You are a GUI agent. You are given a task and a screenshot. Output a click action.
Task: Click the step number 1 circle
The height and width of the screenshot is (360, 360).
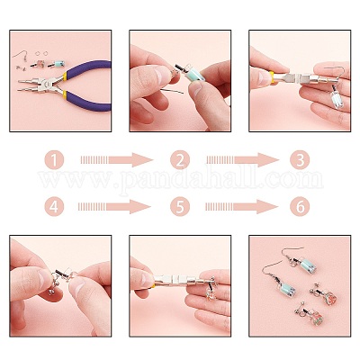coord(54,159)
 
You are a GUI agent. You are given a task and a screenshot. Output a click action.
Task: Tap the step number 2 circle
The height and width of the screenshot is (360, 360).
coord(180,159)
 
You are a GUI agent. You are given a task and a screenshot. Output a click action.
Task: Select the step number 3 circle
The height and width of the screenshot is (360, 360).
coord(300,159)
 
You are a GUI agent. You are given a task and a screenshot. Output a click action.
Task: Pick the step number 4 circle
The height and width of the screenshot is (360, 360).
coord(54,207)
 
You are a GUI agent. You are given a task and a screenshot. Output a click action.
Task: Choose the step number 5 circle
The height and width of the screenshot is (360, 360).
coord(180,207)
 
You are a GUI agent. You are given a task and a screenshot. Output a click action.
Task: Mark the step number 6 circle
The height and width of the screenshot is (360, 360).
coord(300,207)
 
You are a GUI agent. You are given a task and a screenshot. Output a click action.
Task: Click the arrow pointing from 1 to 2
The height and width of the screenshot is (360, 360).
coord(117,159)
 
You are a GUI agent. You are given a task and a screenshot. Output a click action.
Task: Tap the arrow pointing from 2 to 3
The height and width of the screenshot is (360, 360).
coord(242,159)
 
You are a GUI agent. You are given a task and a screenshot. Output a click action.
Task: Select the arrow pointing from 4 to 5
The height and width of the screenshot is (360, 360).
coord(114,207)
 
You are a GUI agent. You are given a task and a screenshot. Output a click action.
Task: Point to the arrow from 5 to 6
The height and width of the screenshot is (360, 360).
coord(241,207)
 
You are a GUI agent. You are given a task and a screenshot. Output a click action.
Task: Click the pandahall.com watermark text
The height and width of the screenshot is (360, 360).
coord(180,179)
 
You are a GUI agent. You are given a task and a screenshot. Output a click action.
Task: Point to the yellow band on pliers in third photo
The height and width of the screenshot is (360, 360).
coord(271,77)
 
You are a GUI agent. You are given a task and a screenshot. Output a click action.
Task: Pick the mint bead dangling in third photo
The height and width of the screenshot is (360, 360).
coord(334,96)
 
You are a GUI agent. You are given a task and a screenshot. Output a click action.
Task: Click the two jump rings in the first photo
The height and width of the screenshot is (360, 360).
coord(40,53)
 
